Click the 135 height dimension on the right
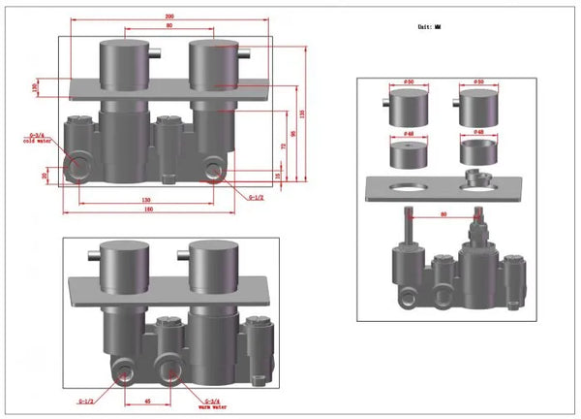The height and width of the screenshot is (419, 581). point(307,113)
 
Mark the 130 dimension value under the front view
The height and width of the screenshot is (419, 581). point(145,200)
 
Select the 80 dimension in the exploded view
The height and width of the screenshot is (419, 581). point(444,214)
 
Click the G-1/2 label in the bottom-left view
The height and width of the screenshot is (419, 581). point(86,399)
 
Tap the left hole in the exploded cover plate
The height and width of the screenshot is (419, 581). point(410,189)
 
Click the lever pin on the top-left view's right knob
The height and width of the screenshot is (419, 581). point(247,51)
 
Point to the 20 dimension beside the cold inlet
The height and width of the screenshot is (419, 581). point(45,175)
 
